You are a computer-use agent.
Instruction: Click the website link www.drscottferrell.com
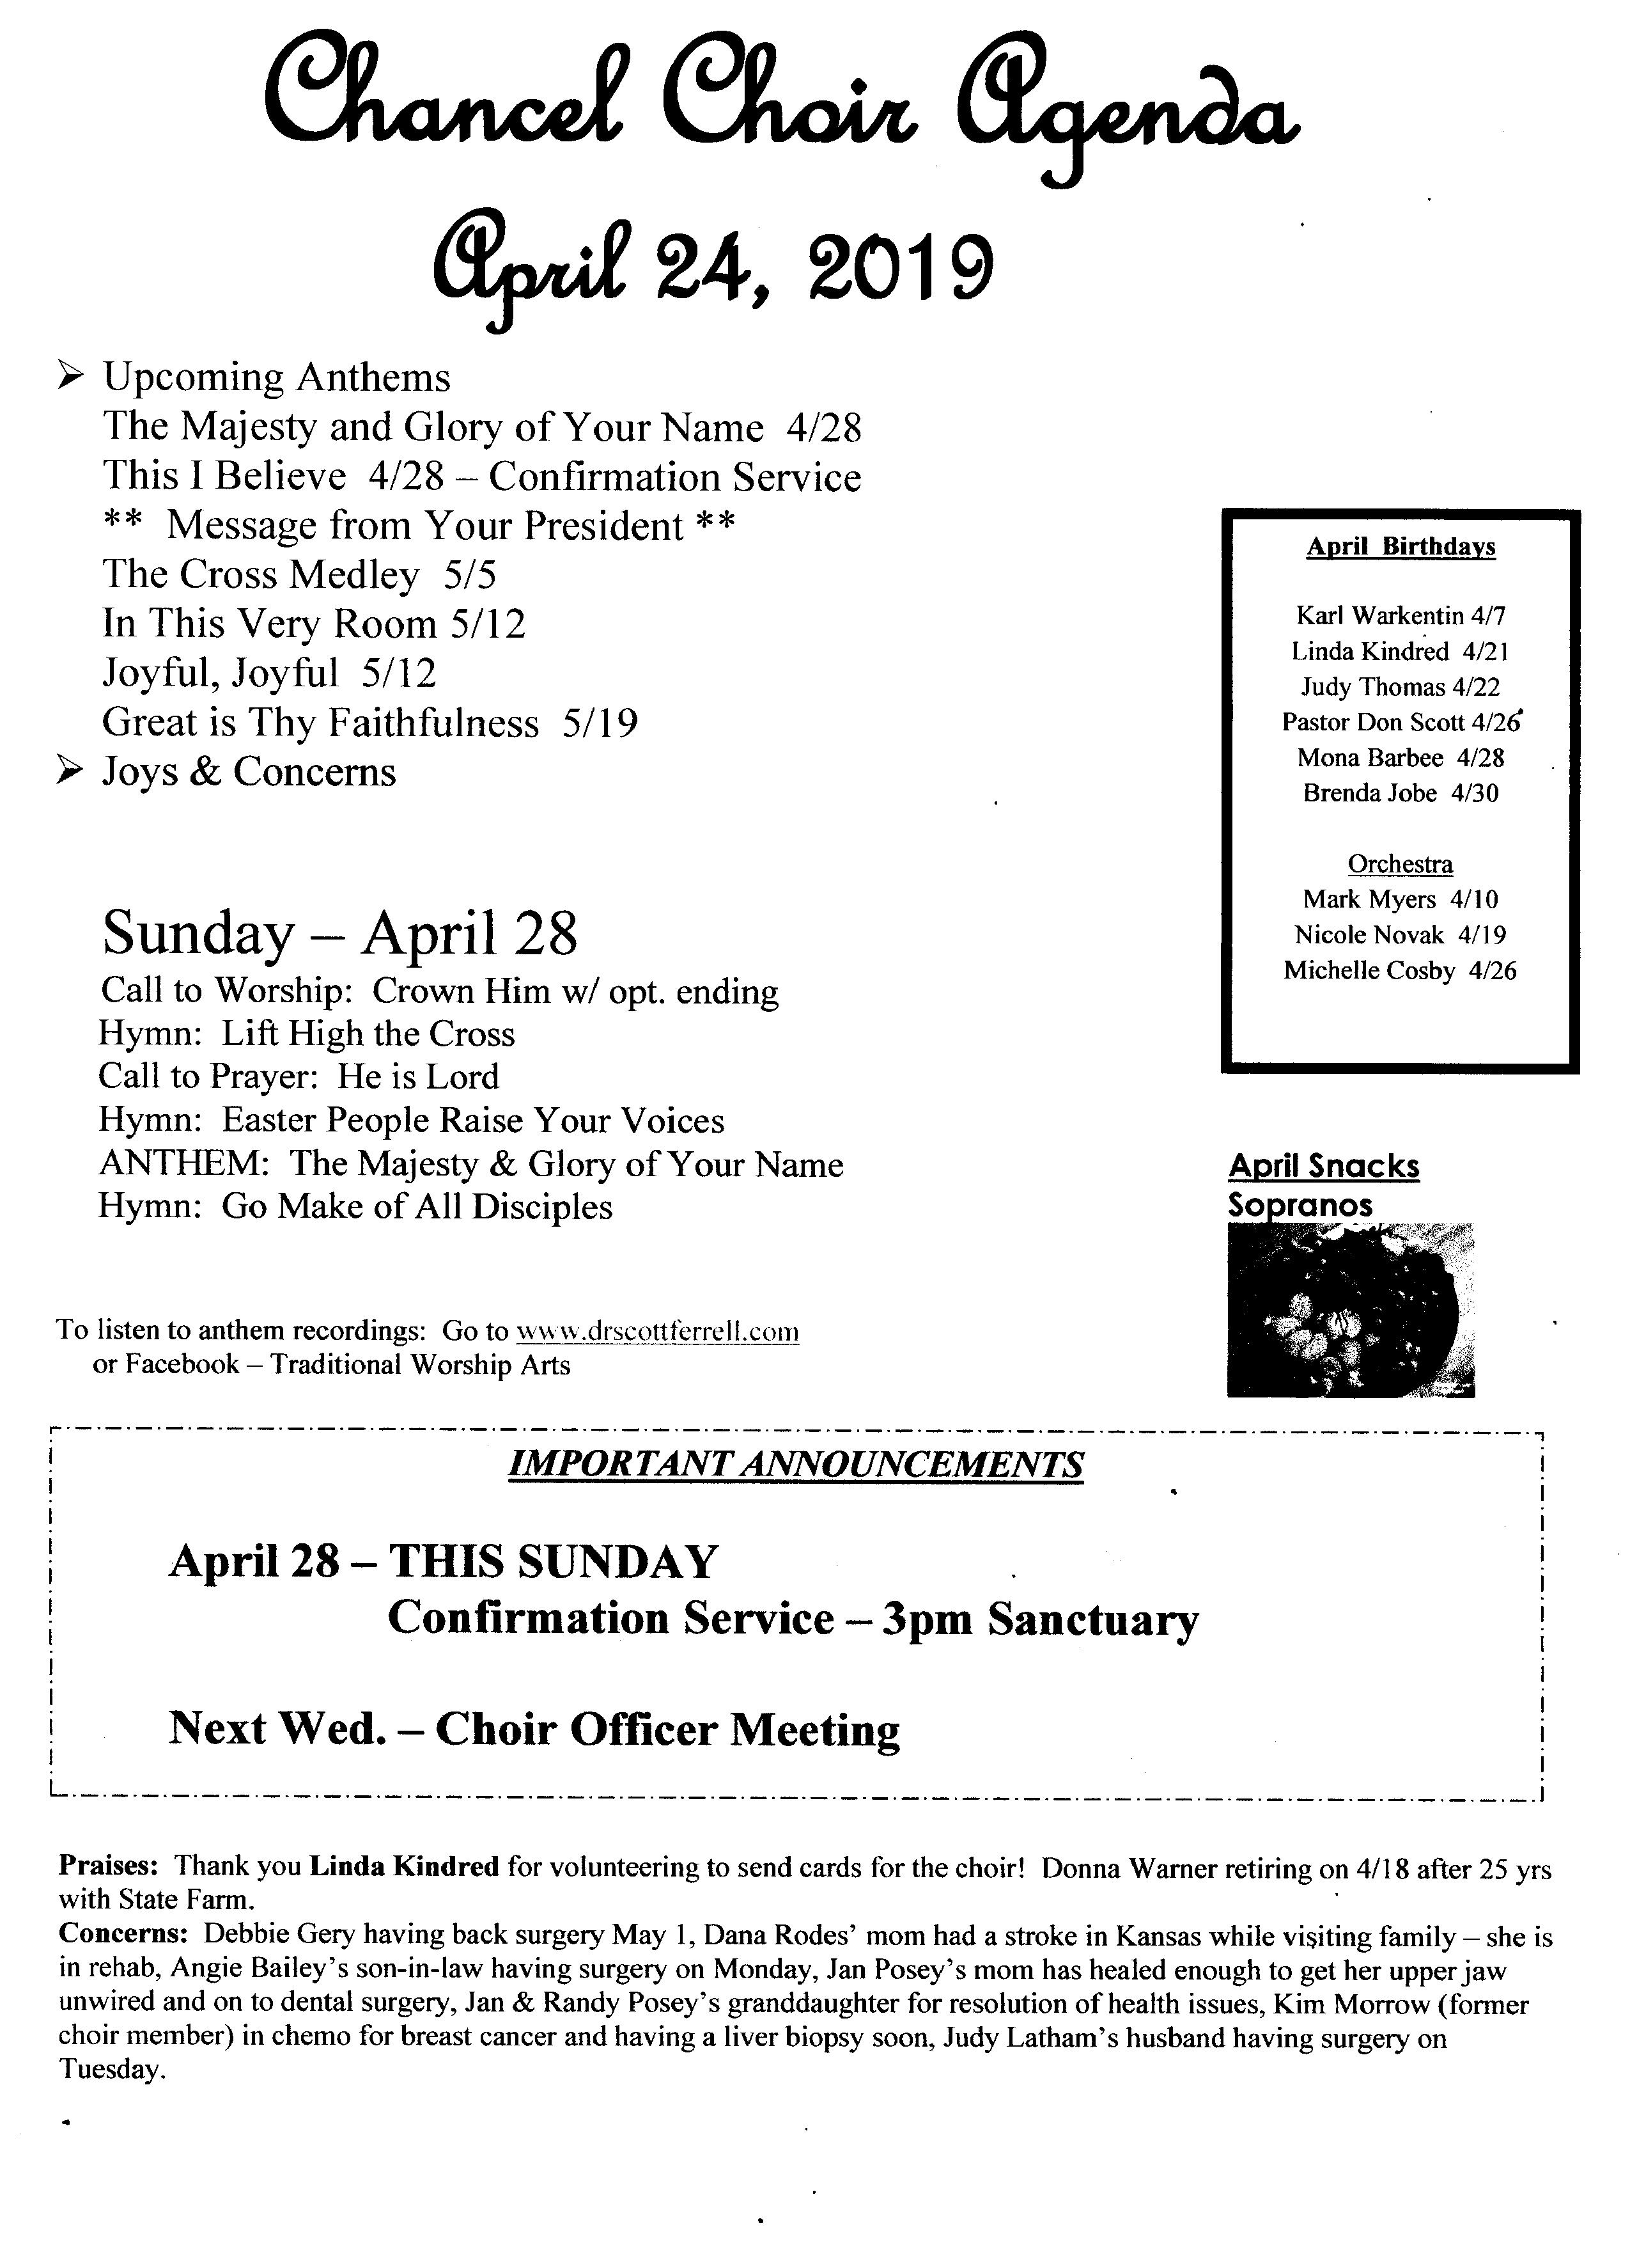point(657,1331)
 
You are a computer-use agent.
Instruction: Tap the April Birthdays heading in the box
point(1401,547)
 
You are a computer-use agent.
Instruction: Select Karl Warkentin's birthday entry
point(1401,616)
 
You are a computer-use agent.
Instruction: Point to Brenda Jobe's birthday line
point(1401,793)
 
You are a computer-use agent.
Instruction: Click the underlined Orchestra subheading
point(1401,864)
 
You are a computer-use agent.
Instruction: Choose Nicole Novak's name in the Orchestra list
point(1369,934)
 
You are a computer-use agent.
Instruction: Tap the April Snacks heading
point(1324,1166)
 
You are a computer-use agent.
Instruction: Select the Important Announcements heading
point(796,1465)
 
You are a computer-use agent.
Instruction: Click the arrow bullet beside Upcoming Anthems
point(69,377)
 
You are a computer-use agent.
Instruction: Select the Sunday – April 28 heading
point(340,933)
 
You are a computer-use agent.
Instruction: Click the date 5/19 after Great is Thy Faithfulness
point(600,723)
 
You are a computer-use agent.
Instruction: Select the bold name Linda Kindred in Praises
point(404,1867)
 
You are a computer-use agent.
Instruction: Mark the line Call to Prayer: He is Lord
point(299,1076)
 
